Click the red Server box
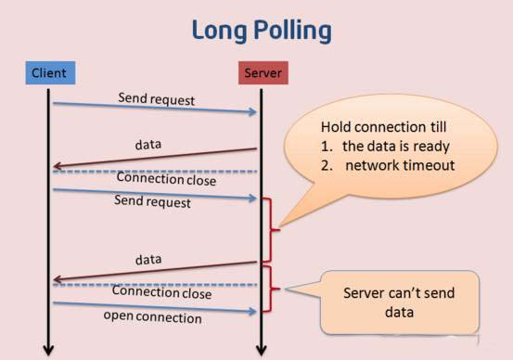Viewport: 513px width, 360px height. [262, 72]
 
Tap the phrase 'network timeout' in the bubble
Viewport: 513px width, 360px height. [401, 165]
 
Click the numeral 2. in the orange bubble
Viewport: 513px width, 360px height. [327, 165]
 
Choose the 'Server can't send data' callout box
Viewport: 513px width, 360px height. [400, 302]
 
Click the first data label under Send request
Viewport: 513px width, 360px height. [148, 146]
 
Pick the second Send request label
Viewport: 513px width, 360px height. [152, 200]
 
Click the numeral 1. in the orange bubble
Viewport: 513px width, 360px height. [327, 146]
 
